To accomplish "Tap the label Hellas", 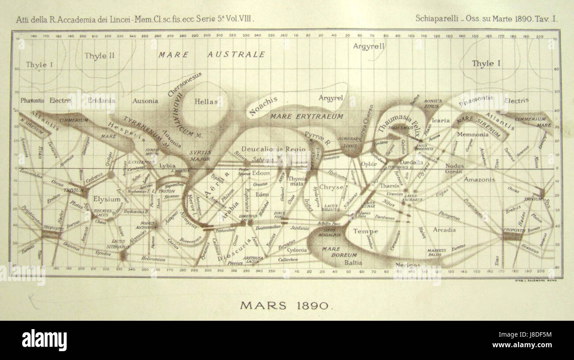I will [206, 102].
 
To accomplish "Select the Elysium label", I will [107, 199].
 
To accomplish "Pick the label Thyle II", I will [99, 56].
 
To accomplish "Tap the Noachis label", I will [263, 106].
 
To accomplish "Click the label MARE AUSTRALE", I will [212, 55].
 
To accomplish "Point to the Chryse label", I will [331, 187].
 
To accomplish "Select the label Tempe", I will [366, 231].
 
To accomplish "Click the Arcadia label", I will [444, 230].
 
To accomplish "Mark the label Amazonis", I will [479, 180].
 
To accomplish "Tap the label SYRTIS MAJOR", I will [200, 155].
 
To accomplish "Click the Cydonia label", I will [297, 250].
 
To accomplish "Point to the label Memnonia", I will [472, 135].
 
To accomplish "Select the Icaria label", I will [441, 120].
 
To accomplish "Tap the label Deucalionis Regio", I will [268, 149].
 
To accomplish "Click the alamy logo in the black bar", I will [44, 341].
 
